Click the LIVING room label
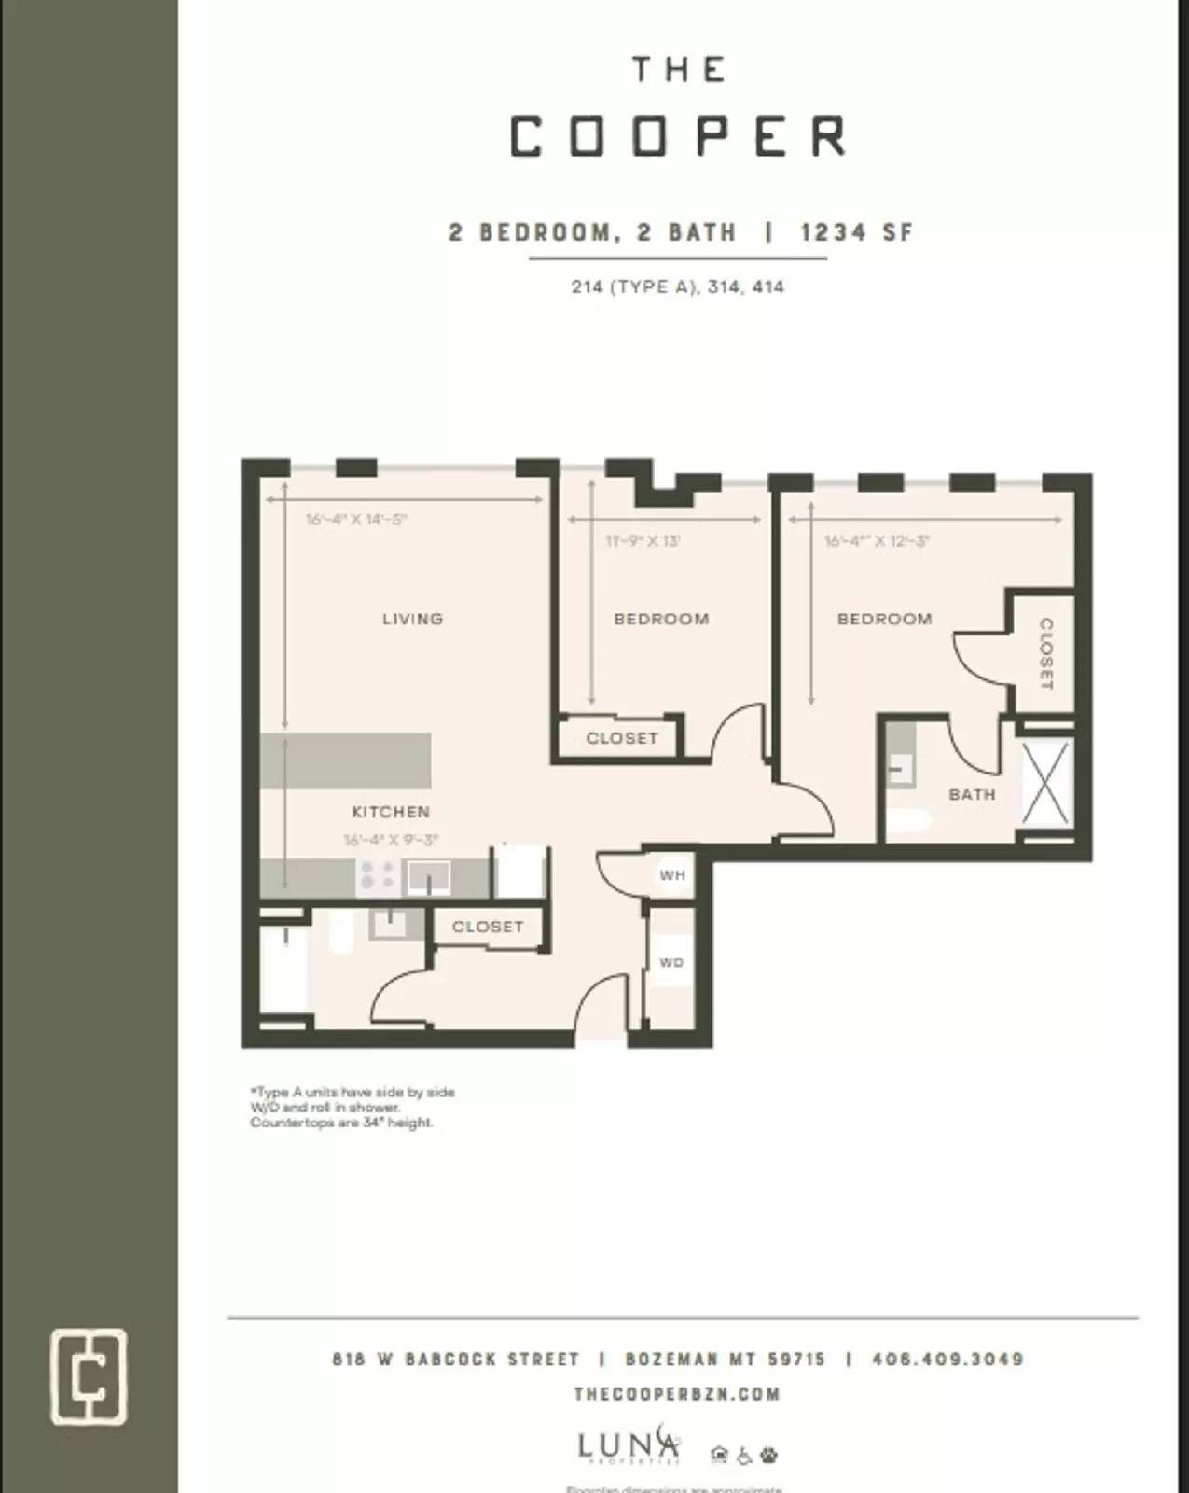pos(412,619)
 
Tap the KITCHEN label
pos(391,812)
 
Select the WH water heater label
pos(672,875)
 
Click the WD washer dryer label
pos(671,962)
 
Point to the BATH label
pos(972,794)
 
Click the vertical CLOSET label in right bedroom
pos(1045,653)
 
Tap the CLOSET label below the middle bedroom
pos(622,738)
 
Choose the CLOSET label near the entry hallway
pos(488,927)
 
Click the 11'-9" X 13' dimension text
pos(643,540)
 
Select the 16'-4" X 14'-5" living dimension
pos(356,520)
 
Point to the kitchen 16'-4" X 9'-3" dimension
pos(391,840)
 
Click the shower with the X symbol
pos(1044,783)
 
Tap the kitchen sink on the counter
pos(428,877)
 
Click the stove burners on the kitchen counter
pos(378,875)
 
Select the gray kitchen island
pos(345,760)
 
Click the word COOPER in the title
pos(678,137)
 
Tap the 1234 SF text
pos(856,232)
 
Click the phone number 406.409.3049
pos(947,1359)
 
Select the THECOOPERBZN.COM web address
pos(677,1394)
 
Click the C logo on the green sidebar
pos(89,1376)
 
